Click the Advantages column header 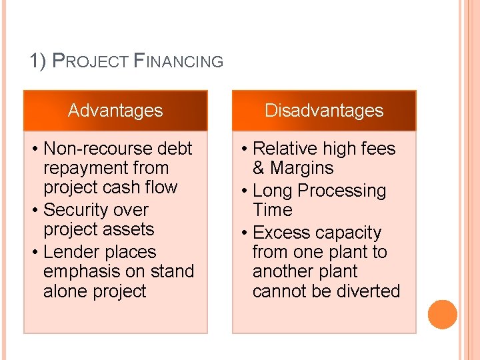(115, 111)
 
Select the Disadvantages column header (324, 111)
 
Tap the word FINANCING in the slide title (179, 62)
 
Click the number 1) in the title (38, 62)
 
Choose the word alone (65, 291)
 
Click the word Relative (285, 149)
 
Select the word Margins (302, 168)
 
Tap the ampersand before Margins (259, 168)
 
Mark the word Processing (342, 191)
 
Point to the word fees (377, 149)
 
